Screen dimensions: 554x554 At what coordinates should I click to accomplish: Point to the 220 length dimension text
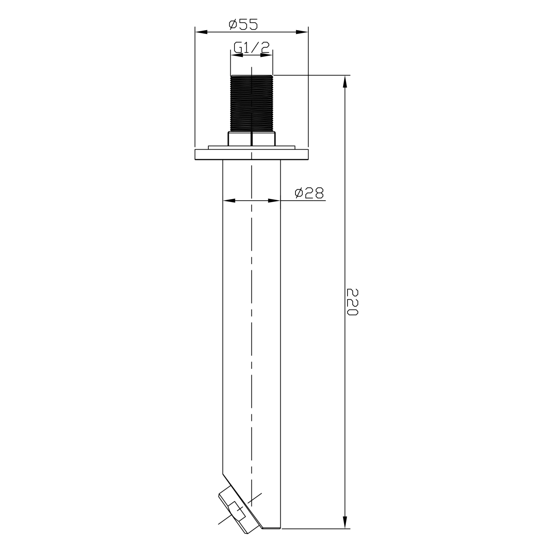353,302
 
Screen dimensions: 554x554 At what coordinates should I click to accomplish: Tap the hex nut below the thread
252,138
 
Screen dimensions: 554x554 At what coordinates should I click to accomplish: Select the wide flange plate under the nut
251,154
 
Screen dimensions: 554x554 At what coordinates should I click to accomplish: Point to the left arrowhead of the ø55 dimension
200,33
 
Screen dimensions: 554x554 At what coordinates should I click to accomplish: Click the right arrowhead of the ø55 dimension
303,33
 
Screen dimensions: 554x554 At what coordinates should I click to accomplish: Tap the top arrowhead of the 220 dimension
345,81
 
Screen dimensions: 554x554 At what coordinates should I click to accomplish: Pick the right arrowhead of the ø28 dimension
275,201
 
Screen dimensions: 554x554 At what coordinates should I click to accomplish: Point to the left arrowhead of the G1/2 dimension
236,55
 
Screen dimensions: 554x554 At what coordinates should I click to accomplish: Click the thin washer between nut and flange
251,147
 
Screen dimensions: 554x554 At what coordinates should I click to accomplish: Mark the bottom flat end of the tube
271,528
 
